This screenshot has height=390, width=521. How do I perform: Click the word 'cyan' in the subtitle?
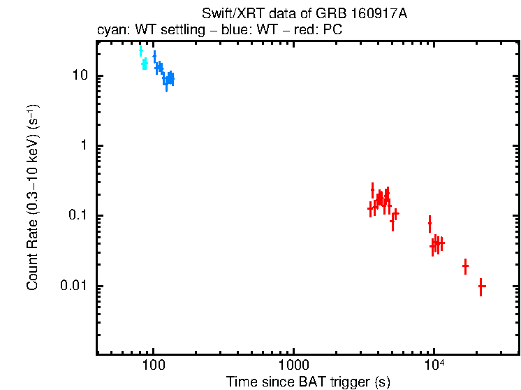click(x=109, y=31)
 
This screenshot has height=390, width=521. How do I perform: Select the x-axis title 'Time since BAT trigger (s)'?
click(x=307, y=382)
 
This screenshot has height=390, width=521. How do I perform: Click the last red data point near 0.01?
click(x=481, y=286)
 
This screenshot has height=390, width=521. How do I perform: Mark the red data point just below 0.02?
click(x=465, y=266)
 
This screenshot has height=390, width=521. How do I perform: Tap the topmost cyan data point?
click(x=140, y=51)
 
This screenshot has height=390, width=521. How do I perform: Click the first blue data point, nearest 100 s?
click(x=154, y=56)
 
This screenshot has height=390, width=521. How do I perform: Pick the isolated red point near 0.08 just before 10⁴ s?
click(x=430, y=224)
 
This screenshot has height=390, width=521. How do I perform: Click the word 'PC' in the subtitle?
click(x=333, y=31)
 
